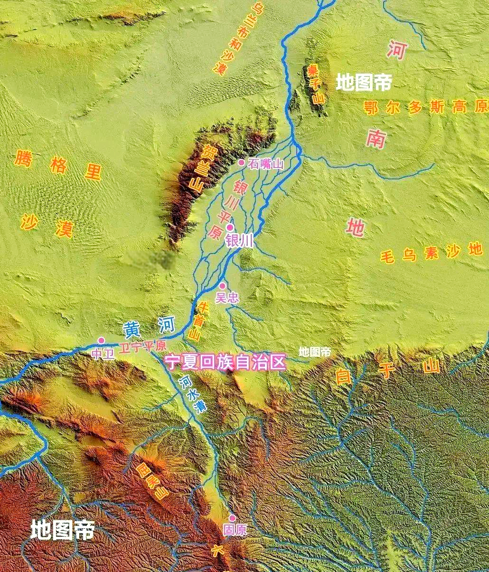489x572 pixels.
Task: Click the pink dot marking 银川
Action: [230, 227]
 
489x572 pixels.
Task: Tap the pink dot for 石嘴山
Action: [241, 162]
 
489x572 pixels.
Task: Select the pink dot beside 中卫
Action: [101, 340]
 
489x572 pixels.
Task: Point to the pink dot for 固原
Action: [232, 518]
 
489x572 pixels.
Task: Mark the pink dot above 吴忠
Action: [222, 286]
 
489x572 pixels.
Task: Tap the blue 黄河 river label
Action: [149, 327]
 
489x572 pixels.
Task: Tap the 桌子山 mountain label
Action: [315, 84]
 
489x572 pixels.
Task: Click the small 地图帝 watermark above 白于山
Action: [315, 352]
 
